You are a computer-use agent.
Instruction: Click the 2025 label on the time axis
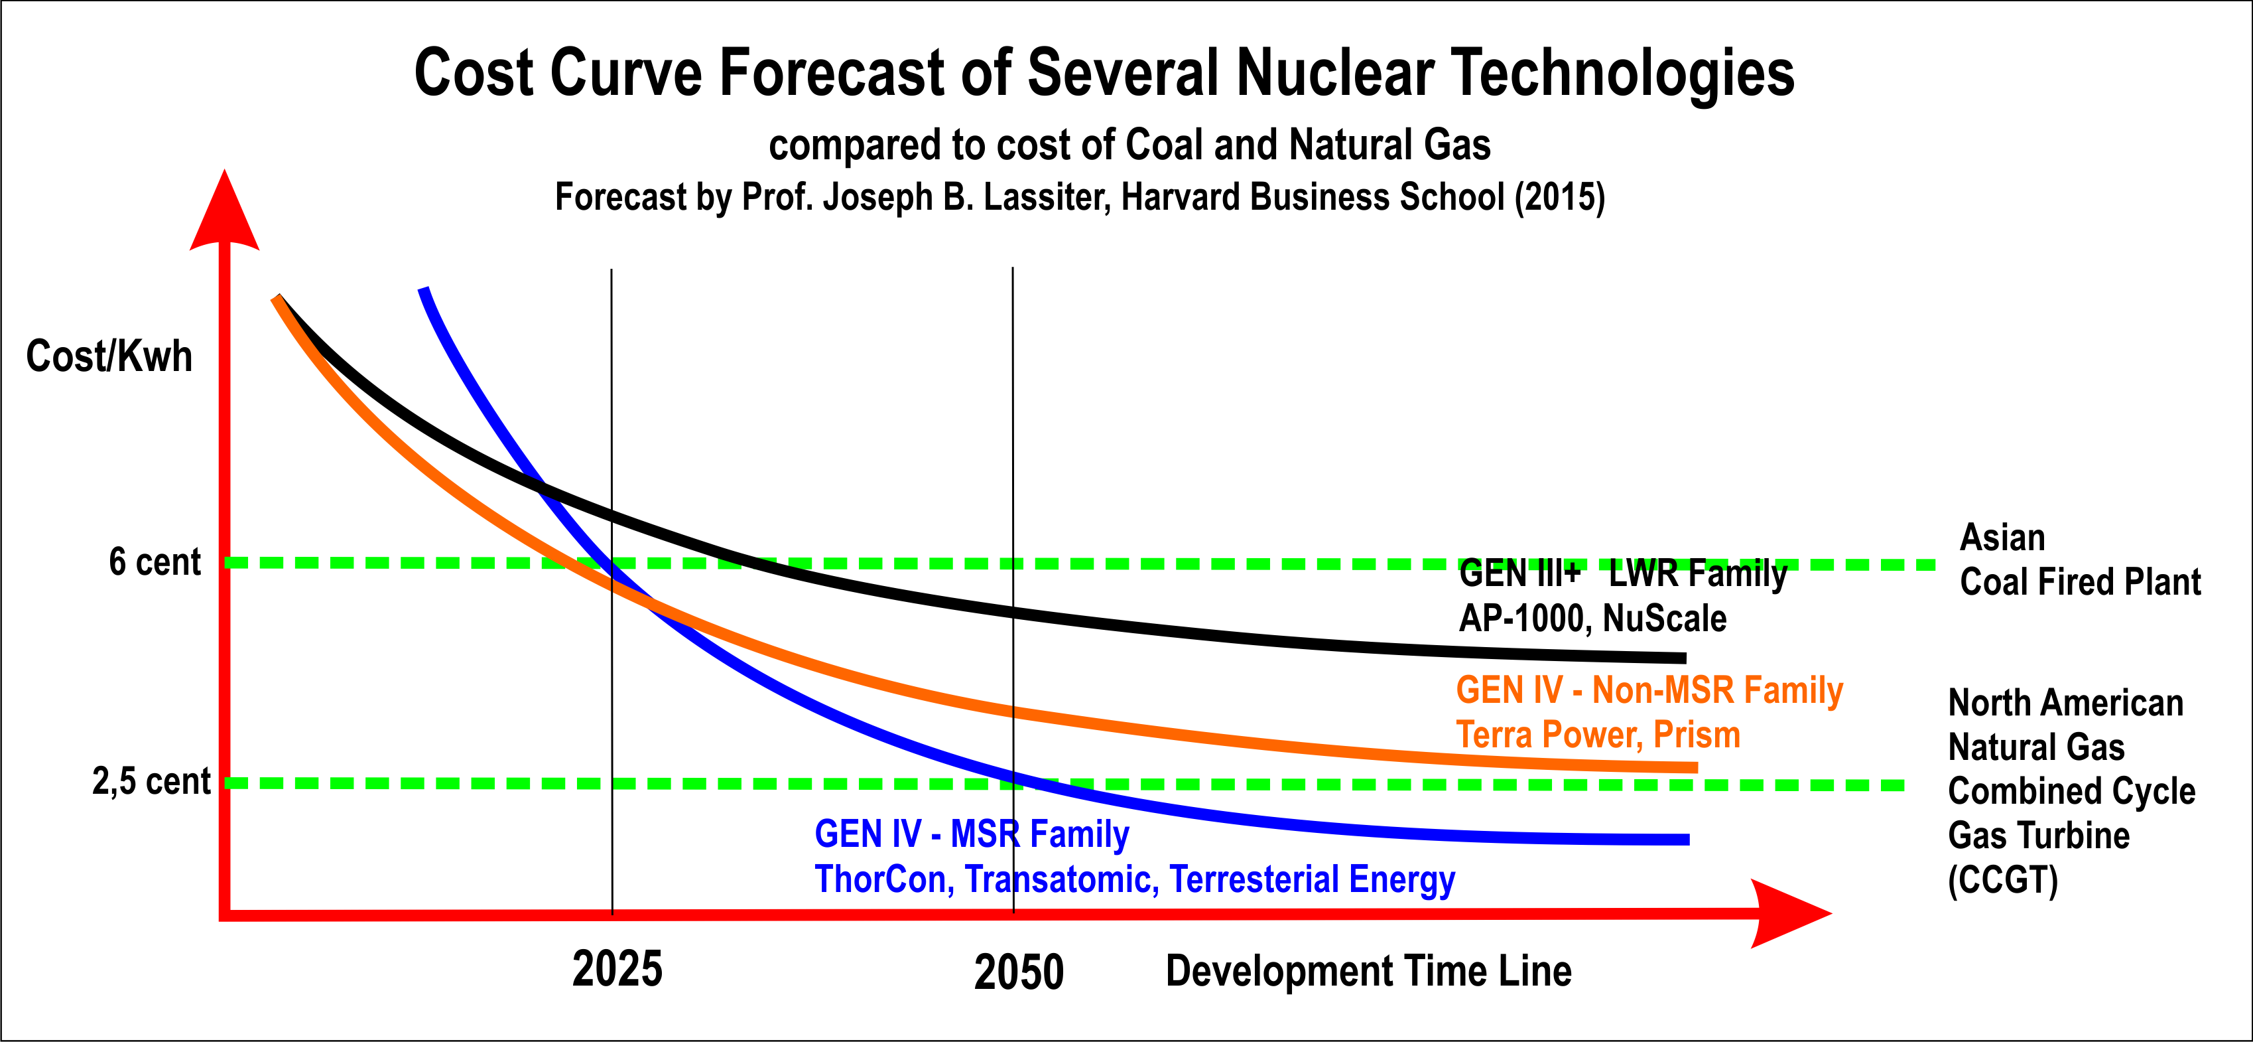tap(617, 970)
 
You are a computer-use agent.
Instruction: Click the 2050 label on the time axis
tap(1019, 972)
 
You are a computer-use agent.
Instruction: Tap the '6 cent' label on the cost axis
tap(155, 561)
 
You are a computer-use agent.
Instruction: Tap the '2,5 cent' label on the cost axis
tap(151, 781)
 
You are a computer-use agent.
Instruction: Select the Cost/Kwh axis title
tap(109, 356)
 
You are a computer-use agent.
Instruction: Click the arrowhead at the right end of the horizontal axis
tap(1789, 913)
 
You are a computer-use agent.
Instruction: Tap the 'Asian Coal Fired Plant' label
tap(2080, 560)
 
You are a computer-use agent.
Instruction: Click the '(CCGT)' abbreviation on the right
tap(2003, 880)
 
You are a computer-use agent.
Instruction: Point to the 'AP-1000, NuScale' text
tap(1592, 619)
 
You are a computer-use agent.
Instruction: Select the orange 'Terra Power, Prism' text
tap(1598, 735)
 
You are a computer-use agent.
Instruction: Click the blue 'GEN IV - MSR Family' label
tap(972, 834)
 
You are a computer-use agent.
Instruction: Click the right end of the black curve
tap(1683, 658)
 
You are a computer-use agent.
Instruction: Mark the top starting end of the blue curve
tap(423, 289)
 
